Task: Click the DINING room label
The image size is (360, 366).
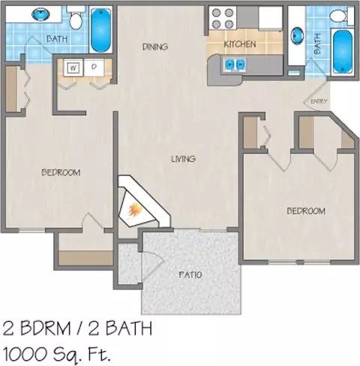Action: tap(155, 46)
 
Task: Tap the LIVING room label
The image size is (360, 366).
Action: tap(183, 159)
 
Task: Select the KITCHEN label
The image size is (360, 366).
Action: tap(240, 44)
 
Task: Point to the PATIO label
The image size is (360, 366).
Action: tap(190, 275)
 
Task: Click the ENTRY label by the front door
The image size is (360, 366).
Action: tap(319, 101)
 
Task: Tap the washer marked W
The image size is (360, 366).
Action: tap(73, 67)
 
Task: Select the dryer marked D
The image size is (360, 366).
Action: tap(94, 67)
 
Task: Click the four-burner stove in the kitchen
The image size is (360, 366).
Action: tap(223, 18)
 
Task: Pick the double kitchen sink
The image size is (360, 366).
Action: tap(235, 64)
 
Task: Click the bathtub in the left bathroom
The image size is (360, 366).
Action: tap(100, 30)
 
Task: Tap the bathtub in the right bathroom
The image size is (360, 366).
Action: tap(343, 52)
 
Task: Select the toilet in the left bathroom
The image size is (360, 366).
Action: tap(76, 17)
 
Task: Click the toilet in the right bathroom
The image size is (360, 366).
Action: tap(340, 16)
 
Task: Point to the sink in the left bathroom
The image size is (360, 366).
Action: tap(40, 14)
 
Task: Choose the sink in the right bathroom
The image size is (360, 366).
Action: tap(297, 35)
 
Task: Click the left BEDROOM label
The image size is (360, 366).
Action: tap(61, 172)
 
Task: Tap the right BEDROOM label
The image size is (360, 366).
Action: tap(306, 211)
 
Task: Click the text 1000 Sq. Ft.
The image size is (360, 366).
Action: tap(56, 354)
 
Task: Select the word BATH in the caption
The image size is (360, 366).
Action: tap(129, 328)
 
